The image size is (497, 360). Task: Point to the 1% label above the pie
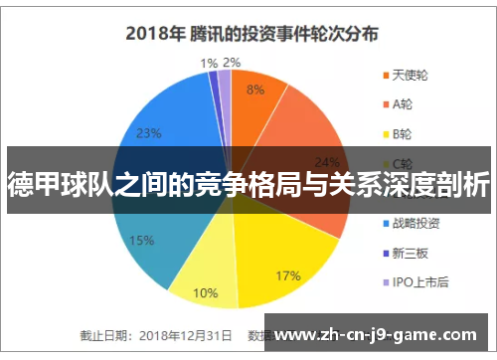coord(209,63)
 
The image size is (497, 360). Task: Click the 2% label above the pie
coord(231,63)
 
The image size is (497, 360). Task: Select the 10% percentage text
coord(206,292)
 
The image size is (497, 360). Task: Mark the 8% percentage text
coord(255,90)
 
